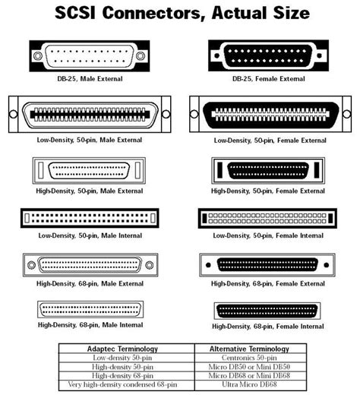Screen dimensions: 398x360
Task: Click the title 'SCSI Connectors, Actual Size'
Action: coord(180,13)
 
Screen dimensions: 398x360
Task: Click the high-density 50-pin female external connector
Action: coord(270,170)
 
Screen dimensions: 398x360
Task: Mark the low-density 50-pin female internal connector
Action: coord(270,218)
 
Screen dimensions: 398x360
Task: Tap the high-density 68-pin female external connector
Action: coord(270,265)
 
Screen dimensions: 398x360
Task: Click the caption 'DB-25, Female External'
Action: coord(270,78)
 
